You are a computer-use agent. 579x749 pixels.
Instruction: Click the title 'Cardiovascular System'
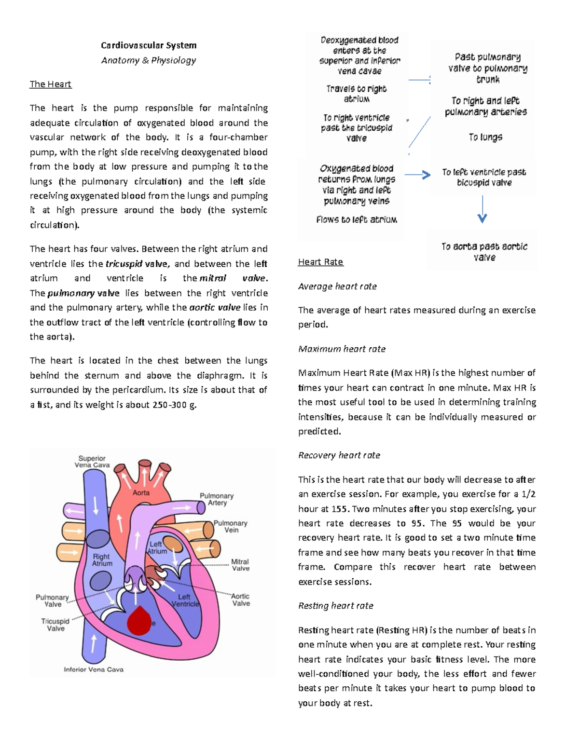pyautogui.click(x=149, y=45)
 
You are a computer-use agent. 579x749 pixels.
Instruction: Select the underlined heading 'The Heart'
pyautogui.click(x=50, y=84)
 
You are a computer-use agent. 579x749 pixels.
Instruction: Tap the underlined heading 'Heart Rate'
pyautogui.click(x=320, y=262)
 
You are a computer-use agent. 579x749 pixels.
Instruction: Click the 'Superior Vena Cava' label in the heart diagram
pyautogui.click(x=92, y=462)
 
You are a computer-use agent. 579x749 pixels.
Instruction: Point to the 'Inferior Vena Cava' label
pyautogui.click(x=94, y=669)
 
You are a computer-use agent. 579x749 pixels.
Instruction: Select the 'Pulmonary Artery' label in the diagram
pyautogui.click(x=217, y=499)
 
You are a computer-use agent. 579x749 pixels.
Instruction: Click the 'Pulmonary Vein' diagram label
pyautogui.click(x=230, y=526)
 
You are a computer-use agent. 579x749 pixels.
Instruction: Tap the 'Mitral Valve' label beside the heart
pyautogui.click(x=240, y=565)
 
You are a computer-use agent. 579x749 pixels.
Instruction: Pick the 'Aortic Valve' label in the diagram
pyautogui.click(x=240, y=599)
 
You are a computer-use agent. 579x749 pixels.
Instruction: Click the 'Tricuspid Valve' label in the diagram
pyautogui.click(x=55, y=625)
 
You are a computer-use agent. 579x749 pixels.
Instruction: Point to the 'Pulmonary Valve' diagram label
pyautogui.click(x=52, y=600)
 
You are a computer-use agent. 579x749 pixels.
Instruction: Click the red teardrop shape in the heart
pyautogui.click(x=139, y=621)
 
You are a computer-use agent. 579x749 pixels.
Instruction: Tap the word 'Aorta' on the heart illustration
pyautogui.click(x=141, y=493)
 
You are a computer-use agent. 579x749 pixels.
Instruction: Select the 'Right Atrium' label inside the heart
pyautogui.click(x=102, y=559)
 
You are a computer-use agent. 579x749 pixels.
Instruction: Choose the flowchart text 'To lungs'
pyautogui.click(x=485, y=137)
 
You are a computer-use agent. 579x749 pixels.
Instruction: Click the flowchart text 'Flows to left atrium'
pyautogui.click(x=357, y=219)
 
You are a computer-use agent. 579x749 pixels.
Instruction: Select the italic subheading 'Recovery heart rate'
pyautogui.click(x=339, y=455)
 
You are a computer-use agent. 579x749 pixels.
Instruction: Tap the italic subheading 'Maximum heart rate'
pyautogui.click(x=342, y=349)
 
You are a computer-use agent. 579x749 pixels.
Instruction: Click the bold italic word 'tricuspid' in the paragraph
pyautogui.click(x=124, y=264)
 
